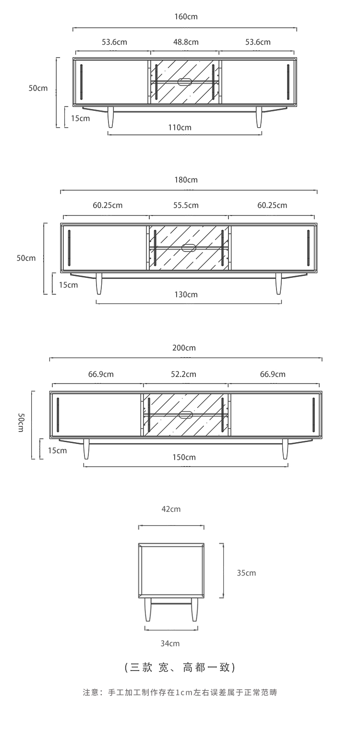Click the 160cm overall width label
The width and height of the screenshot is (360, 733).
[x=186, y=17]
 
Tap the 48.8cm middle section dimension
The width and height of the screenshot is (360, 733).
[x=186, y=42]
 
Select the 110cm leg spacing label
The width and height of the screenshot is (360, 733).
[x=180, y=128]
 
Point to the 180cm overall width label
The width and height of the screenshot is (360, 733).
[x=186, y=180]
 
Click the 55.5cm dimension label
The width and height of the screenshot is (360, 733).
[x=186, y=205]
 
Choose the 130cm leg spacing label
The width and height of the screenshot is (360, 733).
[x=186, y=295]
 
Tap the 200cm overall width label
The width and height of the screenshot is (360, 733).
[x=184, y=348]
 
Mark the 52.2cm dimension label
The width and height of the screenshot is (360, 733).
[x=183, y=374]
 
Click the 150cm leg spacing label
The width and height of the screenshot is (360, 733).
[x=184, y=457]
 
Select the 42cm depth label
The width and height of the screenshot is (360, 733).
[x=171, y=509]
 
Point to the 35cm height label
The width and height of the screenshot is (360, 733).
[x=246, y=573]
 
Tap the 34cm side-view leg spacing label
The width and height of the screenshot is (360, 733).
[x=170, y=644]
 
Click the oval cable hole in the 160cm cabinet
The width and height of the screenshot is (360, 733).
[x=185, y=82]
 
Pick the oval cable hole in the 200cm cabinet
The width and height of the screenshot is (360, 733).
[x=186, y=415]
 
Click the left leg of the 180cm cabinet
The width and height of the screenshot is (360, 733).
[x=99, y=284]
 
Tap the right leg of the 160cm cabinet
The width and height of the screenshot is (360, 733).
[x=259, y=117]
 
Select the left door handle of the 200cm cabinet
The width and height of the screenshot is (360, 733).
[x=58, y=413]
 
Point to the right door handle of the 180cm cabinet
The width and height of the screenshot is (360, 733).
[x=308, y=247]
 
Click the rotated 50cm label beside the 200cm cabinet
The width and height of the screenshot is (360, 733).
[x=21, y=422]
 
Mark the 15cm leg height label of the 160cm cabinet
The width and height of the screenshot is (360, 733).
[x=81, y=119]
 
